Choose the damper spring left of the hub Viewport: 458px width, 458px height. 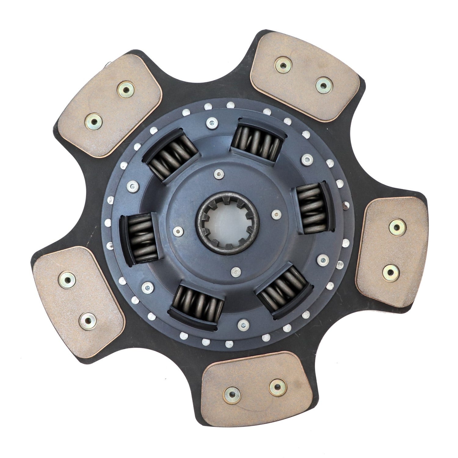click(x=139, y=238)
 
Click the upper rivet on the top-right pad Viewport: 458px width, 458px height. click(x=283, y=65)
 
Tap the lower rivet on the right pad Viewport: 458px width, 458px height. click(x=391, y=273)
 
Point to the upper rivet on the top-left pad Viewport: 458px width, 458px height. click(x=126, y=89)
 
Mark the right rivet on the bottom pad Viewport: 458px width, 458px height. click(x=278, y=387)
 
